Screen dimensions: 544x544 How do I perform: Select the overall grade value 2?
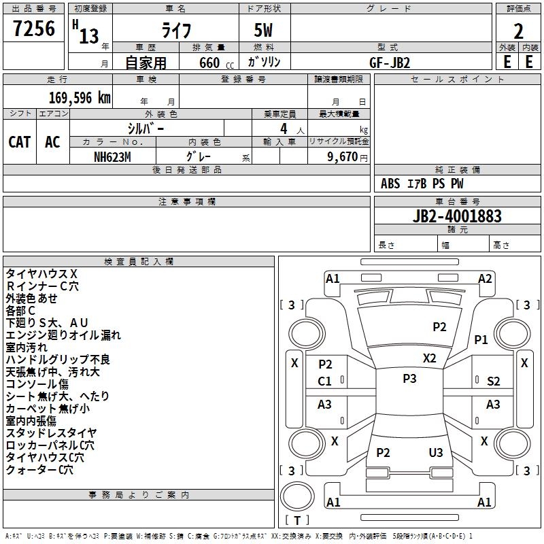pos(518,31)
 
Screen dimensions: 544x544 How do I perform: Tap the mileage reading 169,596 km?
pos(80,97)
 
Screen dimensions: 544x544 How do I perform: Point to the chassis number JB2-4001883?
pos(457,216)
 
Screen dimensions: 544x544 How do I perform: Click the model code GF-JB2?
pos(390,62)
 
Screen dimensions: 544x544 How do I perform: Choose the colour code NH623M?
pos(113,156)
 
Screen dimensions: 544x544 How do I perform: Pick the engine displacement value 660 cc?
pos(208,63)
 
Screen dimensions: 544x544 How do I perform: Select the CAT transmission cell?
pos(19,141)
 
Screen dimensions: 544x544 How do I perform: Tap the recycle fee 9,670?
pos(343,156)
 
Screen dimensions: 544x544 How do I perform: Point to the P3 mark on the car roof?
pos(409,379)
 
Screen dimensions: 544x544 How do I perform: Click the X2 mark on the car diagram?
pos(430,358)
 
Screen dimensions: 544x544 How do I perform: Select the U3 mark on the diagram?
pos(436,452)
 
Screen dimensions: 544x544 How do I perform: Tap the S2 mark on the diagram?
pos(494,381)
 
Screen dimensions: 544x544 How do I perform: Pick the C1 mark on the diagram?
pos(325,381)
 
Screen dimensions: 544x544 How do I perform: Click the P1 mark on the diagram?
pos(481,339)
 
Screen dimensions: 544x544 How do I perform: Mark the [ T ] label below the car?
pos(297,520)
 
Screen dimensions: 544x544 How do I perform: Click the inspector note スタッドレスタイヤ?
pos(51,432)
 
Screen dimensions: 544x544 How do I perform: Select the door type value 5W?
pos(265,31)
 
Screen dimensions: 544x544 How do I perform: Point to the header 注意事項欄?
pos(186,202)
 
